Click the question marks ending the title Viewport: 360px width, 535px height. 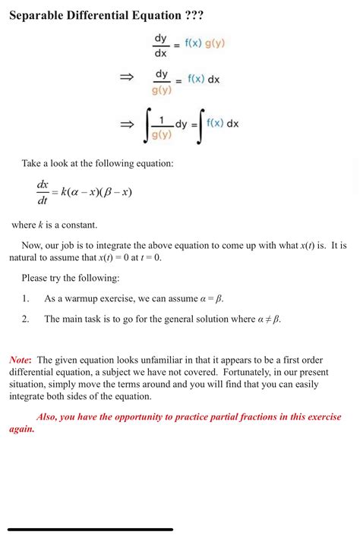pyautogui.click(x=189, y=16)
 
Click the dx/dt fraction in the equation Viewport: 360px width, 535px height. pyautogui.click(x=43, y=193)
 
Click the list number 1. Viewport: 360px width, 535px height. pyautogui.click(x=25, y=299)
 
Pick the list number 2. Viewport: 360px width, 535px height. pyautogui.click(x=25, y=319)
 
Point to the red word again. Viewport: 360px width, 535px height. pyautogui.click(x=22, y=429)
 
